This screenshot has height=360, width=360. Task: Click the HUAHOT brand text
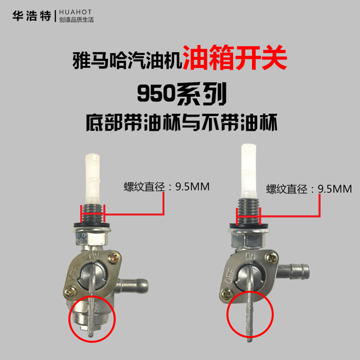pyautogui.click(x=76, y=12)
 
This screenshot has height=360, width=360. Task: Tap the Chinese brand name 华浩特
pyautogui.click(x=31, y=16)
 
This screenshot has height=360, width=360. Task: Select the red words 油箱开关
pyautogui.click(x=234, y=58)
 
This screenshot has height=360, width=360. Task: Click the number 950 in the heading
pyautogui.click(x=156, y=94)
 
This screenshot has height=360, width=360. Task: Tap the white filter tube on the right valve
pyautogui.click(x=249, y=171)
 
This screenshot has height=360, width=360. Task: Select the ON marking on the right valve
pyautogui.click(x=250, y=256)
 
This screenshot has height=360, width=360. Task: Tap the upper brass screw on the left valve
pyautogui.click(x=113, y=258)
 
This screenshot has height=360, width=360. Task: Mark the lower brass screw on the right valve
pyautogui.click(x=226, y=295)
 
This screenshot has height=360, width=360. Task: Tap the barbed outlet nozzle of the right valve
pyautogui.click(x=293, y=271)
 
